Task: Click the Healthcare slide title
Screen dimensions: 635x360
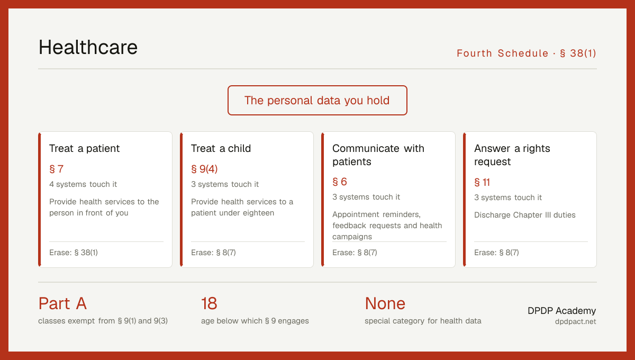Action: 88,47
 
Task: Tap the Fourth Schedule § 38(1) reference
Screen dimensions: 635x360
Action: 527,53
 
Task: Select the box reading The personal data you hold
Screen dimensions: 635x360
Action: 317,100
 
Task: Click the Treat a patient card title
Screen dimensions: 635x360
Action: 85,148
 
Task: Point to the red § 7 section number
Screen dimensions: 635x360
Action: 57,169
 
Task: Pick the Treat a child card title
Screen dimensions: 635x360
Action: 221,148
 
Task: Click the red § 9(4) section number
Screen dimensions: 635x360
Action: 204,169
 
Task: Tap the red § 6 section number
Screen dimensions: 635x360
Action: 340,182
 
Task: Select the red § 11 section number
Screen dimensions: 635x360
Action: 482,182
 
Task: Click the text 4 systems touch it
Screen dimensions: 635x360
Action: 83,184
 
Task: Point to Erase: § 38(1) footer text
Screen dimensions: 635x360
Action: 74,253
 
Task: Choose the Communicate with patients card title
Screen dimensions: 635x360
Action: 378,155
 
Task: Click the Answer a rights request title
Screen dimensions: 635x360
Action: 512,155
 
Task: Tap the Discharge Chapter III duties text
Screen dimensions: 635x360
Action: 525,215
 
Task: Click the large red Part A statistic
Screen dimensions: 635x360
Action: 62,303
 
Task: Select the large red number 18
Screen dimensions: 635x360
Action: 209,303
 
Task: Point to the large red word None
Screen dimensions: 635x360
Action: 385,303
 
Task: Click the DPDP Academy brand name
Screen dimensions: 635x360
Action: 561,311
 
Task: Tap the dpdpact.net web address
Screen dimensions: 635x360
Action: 576,321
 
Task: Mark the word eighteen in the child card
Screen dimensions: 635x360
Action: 258,213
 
